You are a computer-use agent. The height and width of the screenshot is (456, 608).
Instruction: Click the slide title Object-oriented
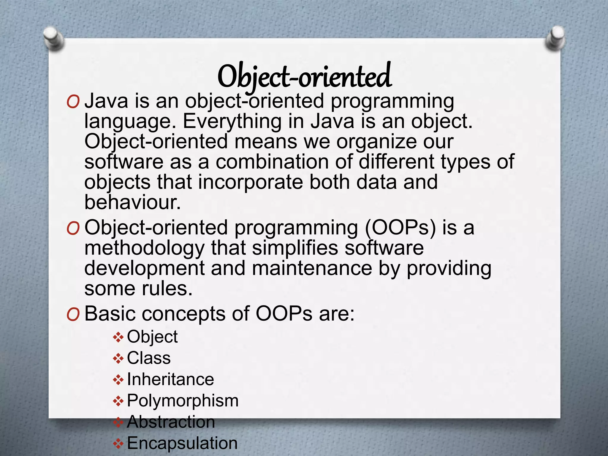click(304, 77)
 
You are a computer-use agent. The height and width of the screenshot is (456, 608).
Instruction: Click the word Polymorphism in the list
click(183, 401)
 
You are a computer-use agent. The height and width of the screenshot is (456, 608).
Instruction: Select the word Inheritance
click(170, 379)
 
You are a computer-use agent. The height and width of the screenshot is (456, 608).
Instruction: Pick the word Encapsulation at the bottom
click(182, 443)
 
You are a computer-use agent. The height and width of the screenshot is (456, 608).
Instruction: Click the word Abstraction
click(171, 422)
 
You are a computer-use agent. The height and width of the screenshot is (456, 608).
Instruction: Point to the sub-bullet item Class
click(149, 358)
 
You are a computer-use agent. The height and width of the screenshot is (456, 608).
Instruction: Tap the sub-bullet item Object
click(152, 337)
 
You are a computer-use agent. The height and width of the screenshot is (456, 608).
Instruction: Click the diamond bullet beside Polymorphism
click(118, 401)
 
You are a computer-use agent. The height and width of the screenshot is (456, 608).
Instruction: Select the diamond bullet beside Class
click(118, 359)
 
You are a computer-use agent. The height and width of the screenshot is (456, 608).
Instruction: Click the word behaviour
click(132, 202)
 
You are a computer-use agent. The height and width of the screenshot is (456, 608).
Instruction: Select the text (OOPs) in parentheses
click(400, 228)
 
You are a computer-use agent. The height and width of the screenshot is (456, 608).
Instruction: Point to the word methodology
click(144, 248)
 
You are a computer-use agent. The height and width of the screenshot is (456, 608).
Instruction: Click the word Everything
click(232, 121)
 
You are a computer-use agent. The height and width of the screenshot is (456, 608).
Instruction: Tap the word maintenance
click(312, 268)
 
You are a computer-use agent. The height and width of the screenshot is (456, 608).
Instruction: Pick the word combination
click(272, 162)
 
